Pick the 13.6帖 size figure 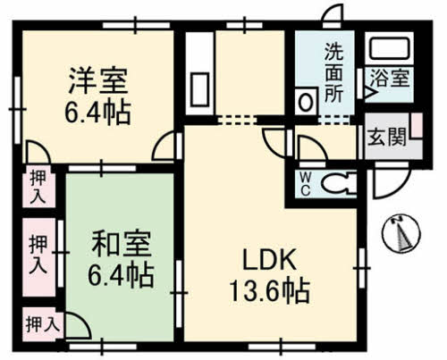[265, 290]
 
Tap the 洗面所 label [333, 71]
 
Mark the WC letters [305, 185]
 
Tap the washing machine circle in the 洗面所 [307, 101]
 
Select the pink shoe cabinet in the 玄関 [417, 130]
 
